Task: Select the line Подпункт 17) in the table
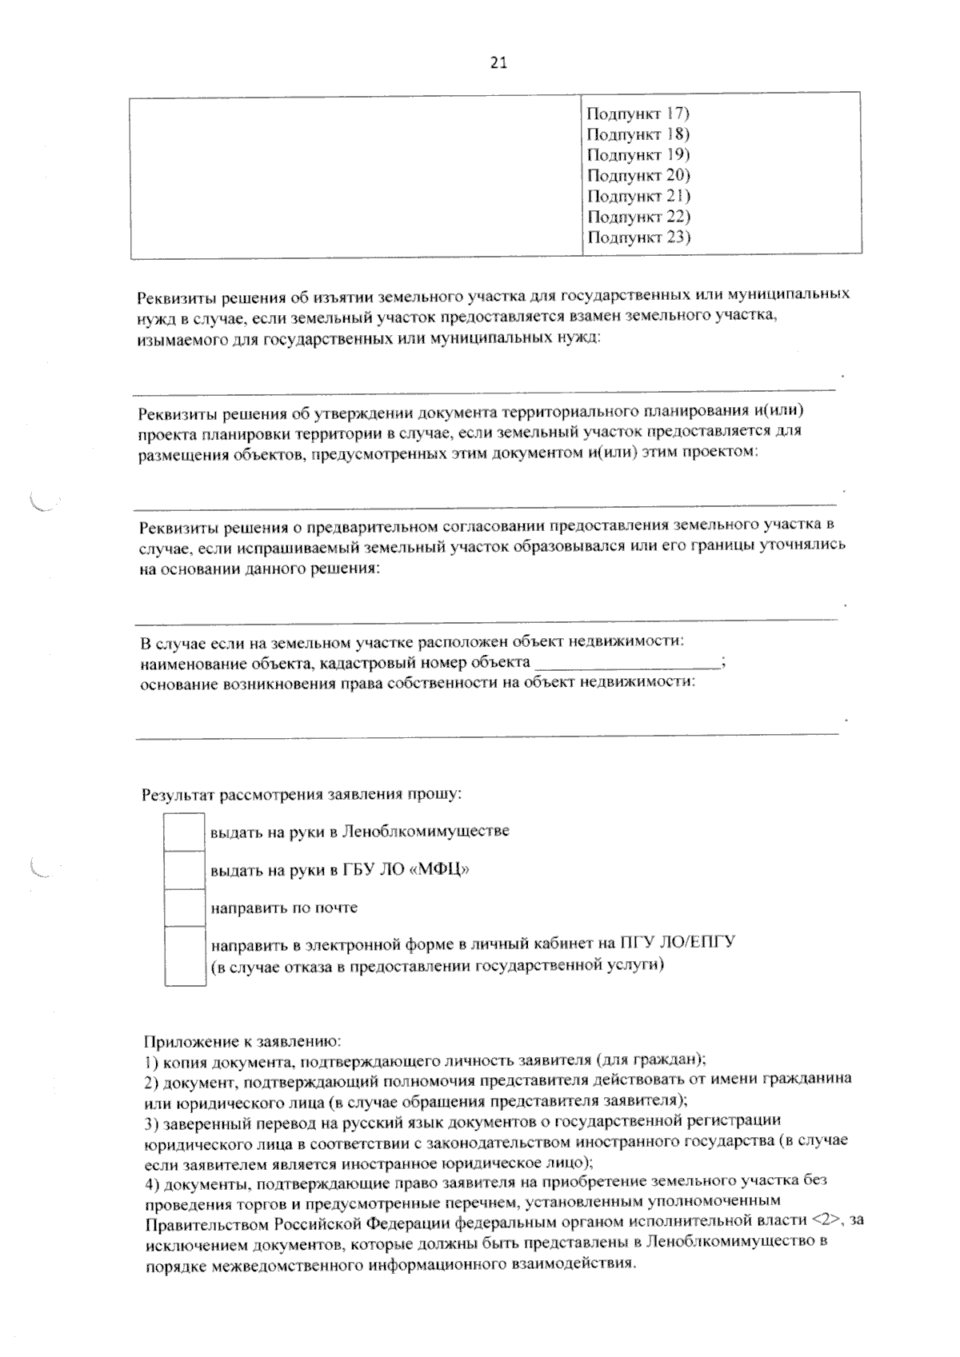pos(638,114)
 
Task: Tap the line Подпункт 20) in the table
pos(638,175)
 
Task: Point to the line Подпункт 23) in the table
pos(638,237)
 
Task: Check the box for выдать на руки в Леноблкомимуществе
pos(184,832)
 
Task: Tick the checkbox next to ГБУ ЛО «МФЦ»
pos(184,870)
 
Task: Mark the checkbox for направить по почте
pos(184,908)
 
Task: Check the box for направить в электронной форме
pos(185,956)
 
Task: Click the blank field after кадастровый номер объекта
pos(627,663)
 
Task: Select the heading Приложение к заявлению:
pos(242,1042)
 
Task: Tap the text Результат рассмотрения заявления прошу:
pos(302,795)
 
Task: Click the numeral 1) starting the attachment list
pos(151,1061)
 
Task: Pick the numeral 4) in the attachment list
pos(152,1181)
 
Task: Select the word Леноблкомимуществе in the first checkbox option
pos(425,832)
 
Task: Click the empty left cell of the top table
pos(356,174)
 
